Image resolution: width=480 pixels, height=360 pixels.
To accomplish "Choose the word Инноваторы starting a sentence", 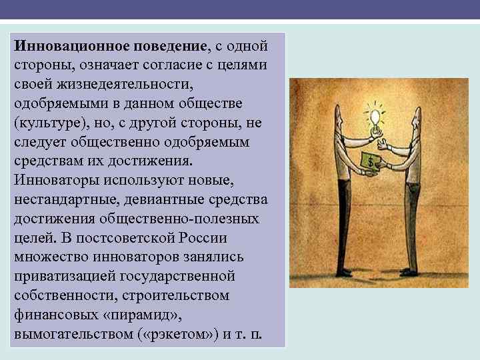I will tap(55, 181).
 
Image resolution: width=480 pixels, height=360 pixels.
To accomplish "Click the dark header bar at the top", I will tap(240, 9).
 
